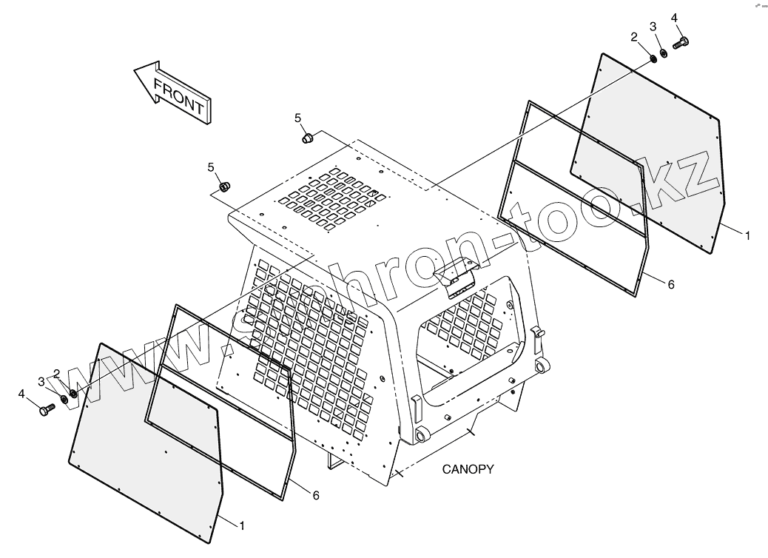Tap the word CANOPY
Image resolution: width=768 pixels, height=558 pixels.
[x=468, y=469]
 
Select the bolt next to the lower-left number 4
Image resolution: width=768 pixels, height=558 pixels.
[x=47, y=408]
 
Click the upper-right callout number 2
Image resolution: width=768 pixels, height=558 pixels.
[x=634, y=36]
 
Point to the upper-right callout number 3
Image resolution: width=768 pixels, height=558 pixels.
[x=653, y=27]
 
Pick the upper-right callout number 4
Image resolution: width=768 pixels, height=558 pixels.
[x=674, y=17]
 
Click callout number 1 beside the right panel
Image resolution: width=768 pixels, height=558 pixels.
[x=747, y=235]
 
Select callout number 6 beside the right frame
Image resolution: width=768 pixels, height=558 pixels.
[x=671, y=284]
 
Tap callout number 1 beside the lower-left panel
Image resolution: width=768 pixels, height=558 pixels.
[x=240, y=525]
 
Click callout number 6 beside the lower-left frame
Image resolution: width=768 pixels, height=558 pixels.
[x=316, y=495]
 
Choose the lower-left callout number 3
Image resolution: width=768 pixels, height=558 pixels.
[x=41, y=381]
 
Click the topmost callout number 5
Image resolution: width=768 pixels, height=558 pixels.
[x=298, y=118]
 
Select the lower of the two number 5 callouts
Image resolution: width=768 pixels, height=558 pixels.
[x=211, y=167]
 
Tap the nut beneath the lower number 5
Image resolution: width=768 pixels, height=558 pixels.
[x=226, y=185]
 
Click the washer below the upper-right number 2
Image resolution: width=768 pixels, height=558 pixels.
[x=653, y=58]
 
